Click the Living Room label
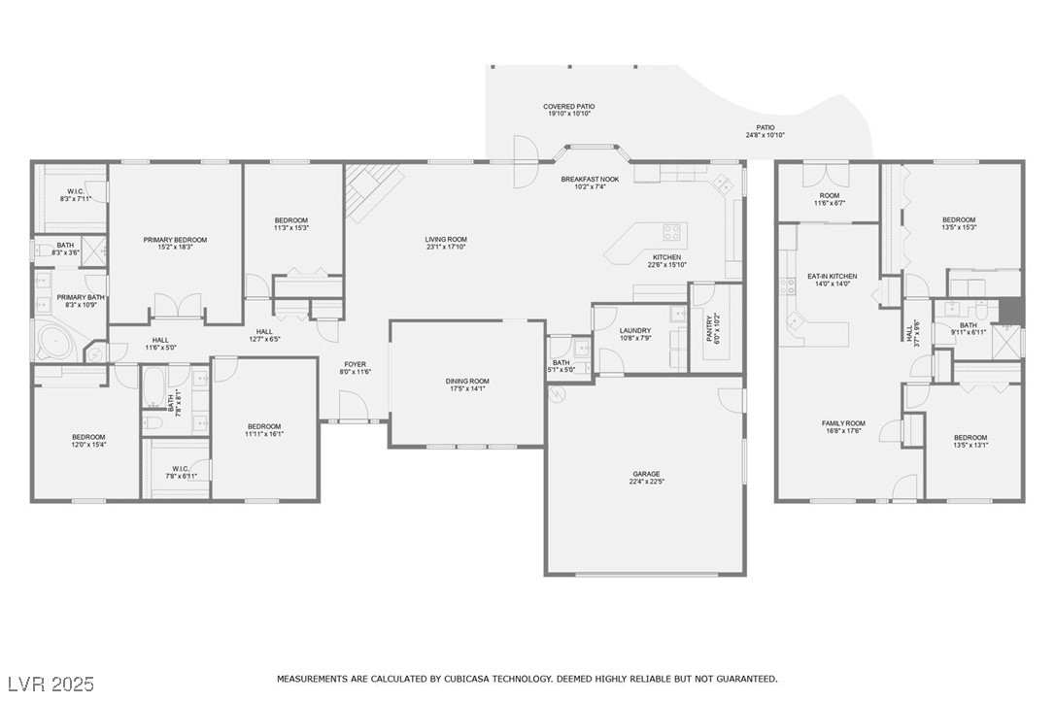446,243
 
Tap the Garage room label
646,478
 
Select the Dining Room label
467,385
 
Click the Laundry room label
635,334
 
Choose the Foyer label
356,368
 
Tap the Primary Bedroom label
175,243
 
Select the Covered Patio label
569,111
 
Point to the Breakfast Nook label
590,183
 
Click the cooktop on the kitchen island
671,232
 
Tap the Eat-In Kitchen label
833,280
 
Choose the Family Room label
843,427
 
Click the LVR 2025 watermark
51,685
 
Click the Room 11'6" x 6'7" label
829,199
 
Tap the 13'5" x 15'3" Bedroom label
959,223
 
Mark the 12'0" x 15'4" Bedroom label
88,441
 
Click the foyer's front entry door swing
352,406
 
